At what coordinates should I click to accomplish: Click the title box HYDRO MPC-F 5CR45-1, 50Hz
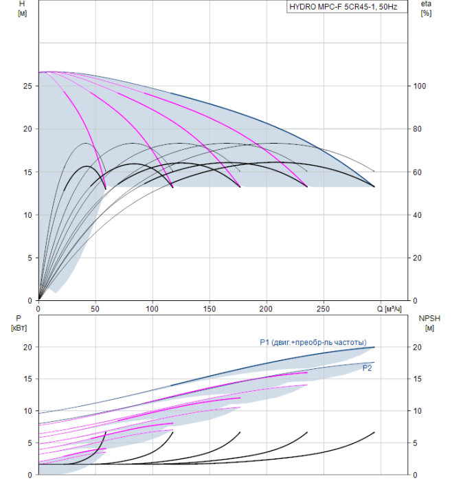tap(347, 6)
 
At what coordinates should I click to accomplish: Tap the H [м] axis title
tap(22, 8)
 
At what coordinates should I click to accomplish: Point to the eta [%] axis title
tap(426, 8)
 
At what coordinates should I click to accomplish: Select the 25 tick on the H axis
tap(27, 86)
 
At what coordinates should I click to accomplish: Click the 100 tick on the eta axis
tap(420, 86)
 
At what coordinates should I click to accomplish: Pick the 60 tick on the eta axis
tap(418, 172)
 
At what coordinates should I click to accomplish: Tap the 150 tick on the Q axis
tap(210, 309)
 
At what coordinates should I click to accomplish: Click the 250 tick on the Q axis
tap(324, 309)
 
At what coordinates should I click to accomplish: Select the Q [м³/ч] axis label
tap(389, 309)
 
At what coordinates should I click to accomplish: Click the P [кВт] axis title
tap(19, 323)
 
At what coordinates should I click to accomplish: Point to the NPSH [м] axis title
tap(429, 323)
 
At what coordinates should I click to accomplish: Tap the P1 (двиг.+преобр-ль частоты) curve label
tap(313, 342)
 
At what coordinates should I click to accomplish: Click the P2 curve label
tap(367, 368)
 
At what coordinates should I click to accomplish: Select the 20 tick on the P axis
tap(27, 347)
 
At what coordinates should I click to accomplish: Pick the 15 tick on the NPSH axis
tap(417, 379)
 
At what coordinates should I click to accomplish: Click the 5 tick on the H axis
tap(30, 258)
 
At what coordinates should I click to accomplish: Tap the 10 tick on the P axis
tap(27, 411)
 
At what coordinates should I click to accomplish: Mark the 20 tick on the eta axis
tap(418, 258)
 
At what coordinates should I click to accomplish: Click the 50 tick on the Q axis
tap(95, 309)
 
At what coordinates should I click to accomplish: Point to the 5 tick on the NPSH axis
tap(415, 443)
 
